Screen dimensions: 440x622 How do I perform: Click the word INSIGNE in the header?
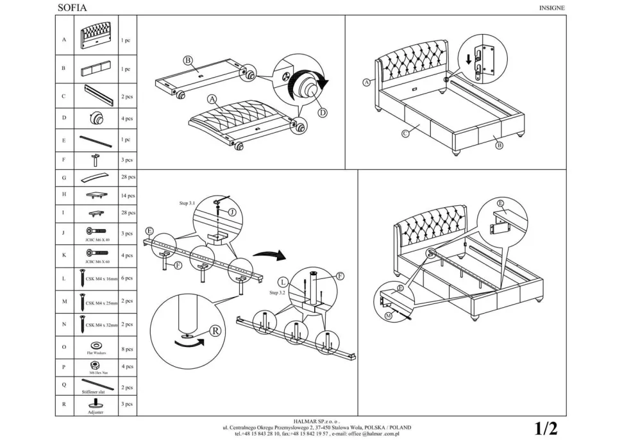coord(550,8)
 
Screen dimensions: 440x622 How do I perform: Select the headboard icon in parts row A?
coord(97,39)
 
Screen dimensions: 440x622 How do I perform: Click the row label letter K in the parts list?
coord(64,255)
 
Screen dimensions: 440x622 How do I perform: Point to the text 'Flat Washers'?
coord(97,353)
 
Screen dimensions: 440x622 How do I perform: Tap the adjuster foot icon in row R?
coord(96,403)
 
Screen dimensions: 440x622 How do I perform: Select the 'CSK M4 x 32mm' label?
coord(101,325)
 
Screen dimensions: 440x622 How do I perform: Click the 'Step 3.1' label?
coord(188,203)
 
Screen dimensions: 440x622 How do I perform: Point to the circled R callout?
coord(215,332)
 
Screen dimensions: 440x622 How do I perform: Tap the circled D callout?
coord(323,112)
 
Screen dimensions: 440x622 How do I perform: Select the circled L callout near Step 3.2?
coord(283,282)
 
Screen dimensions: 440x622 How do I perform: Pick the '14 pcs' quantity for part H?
coord(128,196)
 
